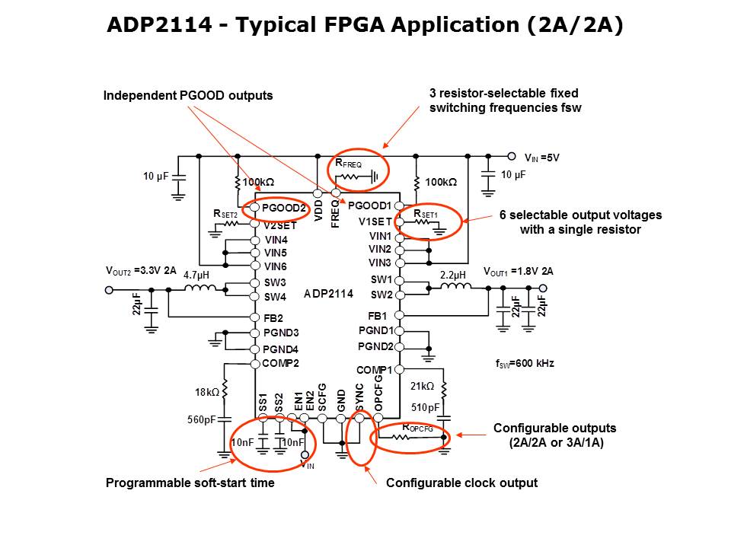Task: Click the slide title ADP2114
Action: click(x=365, y=26)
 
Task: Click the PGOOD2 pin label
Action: click(x=283, y=208)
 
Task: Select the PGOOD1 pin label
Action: click(x=369, y=206)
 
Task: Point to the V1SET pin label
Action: click(x=375, y=221)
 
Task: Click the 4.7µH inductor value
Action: click(x=196, y=275)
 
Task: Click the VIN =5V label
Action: click(x=542, y=158)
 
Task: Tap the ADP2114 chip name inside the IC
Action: click(x=328, y=293)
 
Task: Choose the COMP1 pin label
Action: click(x=374, y=370)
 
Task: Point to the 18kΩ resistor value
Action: click(x=206, y=393)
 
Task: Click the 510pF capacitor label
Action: click(x=426, y=408)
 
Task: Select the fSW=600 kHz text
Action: click(x=524, y=364)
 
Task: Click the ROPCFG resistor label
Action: click(x=417, y=429)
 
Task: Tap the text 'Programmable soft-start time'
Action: click(x=190, y=483)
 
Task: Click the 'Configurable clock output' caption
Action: click(x=461, y=483)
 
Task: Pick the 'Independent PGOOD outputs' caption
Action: click(x=188, y=95)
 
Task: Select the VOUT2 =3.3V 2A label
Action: click(x=141, y=270)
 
